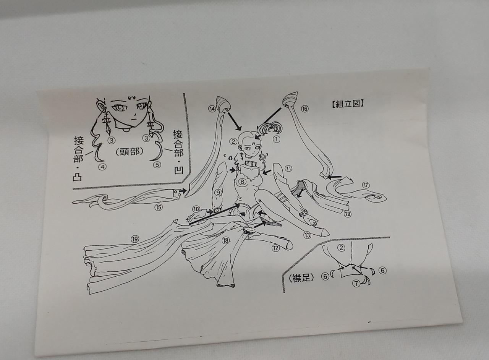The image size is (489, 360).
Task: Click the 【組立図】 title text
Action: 348,104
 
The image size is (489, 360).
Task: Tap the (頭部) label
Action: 129,151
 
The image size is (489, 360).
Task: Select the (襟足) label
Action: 301,278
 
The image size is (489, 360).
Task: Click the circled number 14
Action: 212,109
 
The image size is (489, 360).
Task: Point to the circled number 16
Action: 305,109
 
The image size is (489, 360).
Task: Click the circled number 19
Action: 135,239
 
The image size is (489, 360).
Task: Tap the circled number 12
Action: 275,248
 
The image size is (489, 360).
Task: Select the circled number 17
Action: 366,185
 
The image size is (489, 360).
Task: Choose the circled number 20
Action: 348,214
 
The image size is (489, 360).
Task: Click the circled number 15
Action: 159,207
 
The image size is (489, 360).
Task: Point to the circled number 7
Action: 356,284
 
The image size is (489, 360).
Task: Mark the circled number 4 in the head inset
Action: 103,167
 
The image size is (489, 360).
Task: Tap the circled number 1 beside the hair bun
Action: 276,139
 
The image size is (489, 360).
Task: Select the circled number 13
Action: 307,235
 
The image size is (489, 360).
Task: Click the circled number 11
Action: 288,169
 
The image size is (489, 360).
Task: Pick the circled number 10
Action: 196,209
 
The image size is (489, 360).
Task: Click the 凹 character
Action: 178,169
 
